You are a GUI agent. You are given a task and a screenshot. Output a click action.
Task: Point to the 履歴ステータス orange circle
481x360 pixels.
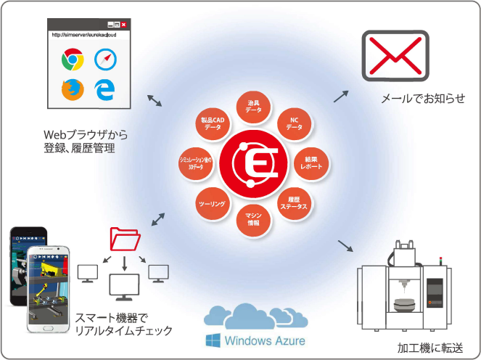[x=293, y=202]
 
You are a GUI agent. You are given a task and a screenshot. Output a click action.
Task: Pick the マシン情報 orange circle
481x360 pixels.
[x=254, y=218]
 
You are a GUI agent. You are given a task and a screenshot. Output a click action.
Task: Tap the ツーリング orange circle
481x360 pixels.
[x=213, y=205]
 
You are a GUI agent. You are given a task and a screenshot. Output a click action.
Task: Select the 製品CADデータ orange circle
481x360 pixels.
[x=213, y=123]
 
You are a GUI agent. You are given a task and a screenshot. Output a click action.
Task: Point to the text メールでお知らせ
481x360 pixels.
[x=422, y=98]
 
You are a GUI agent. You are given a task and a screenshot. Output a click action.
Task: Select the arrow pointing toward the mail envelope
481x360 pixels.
[x=340, y=95]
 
